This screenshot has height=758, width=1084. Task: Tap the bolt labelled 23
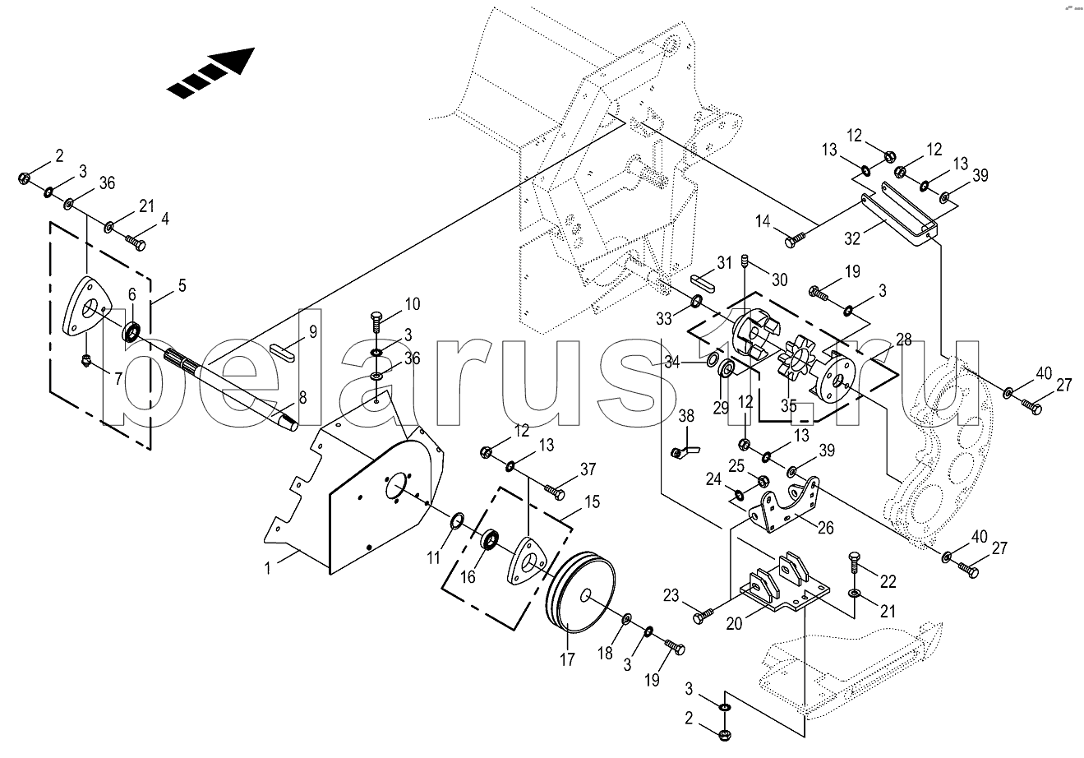point(703,615)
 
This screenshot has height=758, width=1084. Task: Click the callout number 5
point(181,287)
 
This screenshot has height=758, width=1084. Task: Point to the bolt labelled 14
point(795,240)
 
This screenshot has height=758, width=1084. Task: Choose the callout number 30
point(779,279)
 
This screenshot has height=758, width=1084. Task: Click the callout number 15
point(591,501)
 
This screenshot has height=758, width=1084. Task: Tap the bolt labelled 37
point(555,492)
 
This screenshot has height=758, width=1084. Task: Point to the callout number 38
point(686,417)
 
